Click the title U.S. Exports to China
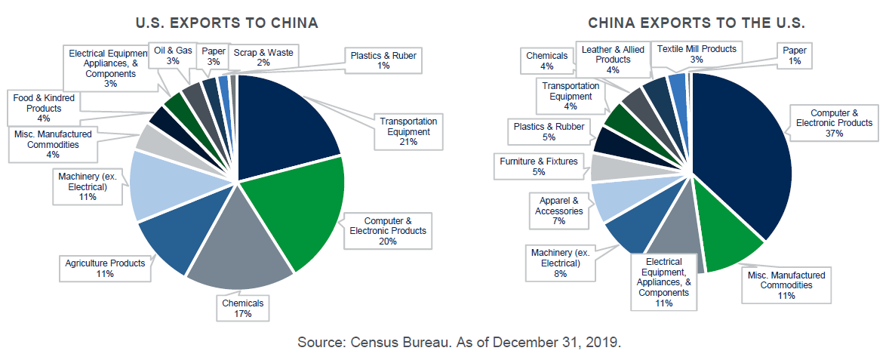coord(226,23)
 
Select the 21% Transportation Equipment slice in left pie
coord(283,121)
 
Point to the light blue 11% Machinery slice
coord(155,185)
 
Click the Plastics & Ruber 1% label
coord(383,60)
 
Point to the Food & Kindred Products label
coord(45,107)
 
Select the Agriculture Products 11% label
coord(105,268)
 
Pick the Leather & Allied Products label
coord(613,59)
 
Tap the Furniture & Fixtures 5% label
coord(538,165)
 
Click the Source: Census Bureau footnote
coord(459,342)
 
